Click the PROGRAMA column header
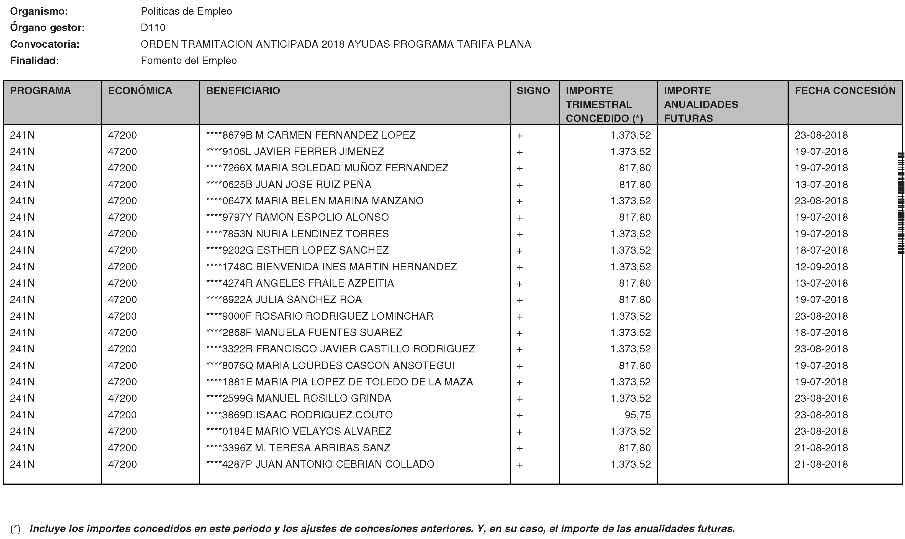(x=40, y=91)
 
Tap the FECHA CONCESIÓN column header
(x=845, y=91)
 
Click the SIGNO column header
(x=533, y=91)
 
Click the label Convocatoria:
(x=45, y=44)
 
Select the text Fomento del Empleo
(x=189, y=61)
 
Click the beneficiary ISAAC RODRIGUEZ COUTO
(x=324, y=415)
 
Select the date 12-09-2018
(x=821, y=267)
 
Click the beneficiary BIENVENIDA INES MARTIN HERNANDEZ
(x=356, y=267)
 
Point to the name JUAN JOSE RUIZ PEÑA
(x=313, y=184)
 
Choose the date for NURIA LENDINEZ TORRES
(x=821, y=234)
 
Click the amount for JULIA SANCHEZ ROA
(x=634, y=300)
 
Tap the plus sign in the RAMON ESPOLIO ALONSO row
(x=520, y=218)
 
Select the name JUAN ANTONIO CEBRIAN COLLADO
(x=344, y=464)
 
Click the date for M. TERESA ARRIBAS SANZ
(x=821, y=448)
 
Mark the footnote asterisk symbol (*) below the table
(x=15, y=528)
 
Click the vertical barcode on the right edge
(x=901, y=204)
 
